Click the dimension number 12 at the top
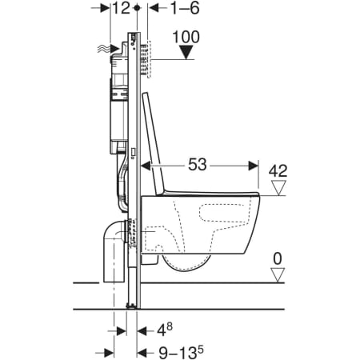[121, 8]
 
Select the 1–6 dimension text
[185, 8]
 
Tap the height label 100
[186, 37]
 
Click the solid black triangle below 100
[186, 52]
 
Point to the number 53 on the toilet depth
[198, 165]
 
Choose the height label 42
[278, 171]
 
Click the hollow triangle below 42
[278, 188]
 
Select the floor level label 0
[278, 258]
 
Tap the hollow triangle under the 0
[278, 275]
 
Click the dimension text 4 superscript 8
[165, 330]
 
